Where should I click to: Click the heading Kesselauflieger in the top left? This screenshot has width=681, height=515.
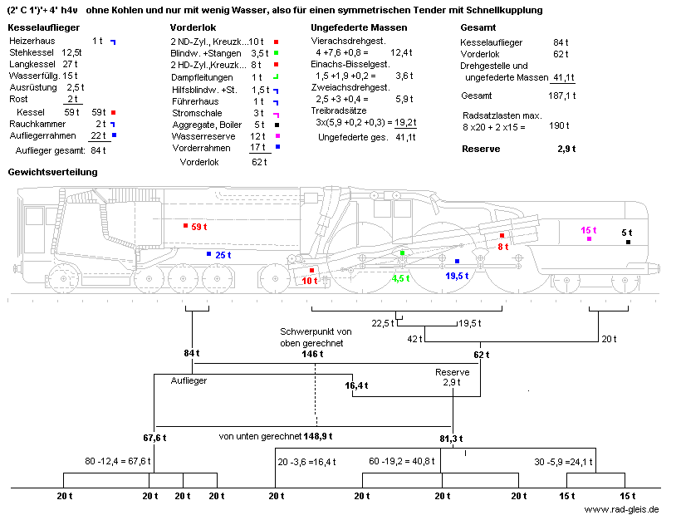(42, 27)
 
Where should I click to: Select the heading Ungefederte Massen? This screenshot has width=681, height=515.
(359, 27)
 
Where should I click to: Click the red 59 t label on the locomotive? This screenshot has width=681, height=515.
(198, 227)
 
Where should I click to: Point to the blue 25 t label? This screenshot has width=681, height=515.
(223, 255)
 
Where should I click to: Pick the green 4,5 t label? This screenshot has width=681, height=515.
(400, 279)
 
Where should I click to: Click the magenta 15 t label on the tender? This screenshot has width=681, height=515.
(589, 230)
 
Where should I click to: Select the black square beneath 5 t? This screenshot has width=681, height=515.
(628, 242)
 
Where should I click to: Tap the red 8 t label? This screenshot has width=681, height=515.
(502, 247)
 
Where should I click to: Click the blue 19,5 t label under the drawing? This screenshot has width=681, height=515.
(457, 275)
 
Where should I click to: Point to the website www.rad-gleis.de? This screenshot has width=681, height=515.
(621, 509)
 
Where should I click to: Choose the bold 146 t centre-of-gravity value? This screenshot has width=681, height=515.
(312, 354)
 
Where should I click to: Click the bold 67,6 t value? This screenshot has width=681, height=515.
(154, 438)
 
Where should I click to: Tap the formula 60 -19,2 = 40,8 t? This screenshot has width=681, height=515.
(402, 461)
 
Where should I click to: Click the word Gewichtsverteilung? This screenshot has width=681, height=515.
(52, 172)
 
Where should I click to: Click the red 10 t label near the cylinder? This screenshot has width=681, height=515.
(310, 282)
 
